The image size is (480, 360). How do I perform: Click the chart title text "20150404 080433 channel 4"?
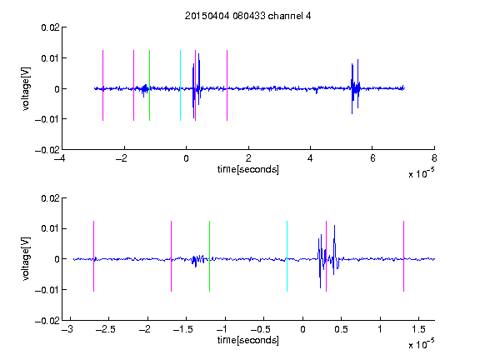click(x=247, y=16)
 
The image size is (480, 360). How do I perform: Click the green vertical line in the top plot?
click(x=149, y=85)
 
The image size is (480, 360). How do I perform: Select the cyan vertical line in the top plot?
click(x=180, y=85)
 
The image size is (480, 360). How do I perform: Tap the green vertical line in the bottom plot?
click(x=209, y=256)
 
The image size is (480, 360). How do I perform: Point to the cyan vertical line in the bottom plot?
click(x=287, y=256)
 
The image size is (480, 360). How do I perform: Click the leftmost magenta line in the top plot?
click(x=102, y=85)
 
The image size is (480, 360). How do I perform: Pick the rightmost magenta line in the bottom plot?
click(x=403, y=256)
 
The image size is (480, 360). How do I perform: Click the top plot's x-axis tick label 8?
click(x=434, y=158)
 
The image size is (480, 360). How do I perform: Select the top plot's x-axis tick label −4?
click(x=59, y=158)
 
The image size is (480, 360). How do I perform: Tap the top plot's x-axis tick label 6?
click(x=372, y=158)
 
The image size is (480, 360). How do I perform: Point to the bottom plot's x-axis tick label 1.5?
click(x=419, y=329)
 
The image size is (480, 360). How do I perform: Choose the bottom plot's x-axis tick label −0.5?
click(x=260, y=329)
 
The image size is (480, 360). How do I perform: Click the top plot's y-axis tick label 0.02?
click(x=50, y=27)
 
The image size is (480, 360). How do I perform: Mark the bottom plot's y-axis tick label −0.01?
click(x=47, y=290)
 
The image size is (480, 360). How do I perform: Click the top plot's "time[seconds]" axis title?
click(x=248, y=169)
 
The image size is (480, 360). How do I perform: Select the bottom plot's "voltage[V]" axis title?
click(x=26, y=259)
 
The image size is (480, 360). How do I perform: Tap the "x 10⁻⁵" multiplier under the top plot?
click(x=421, y=173)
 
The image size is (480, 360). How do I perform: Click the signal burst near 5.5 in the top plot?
click(x=355, y=87)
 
